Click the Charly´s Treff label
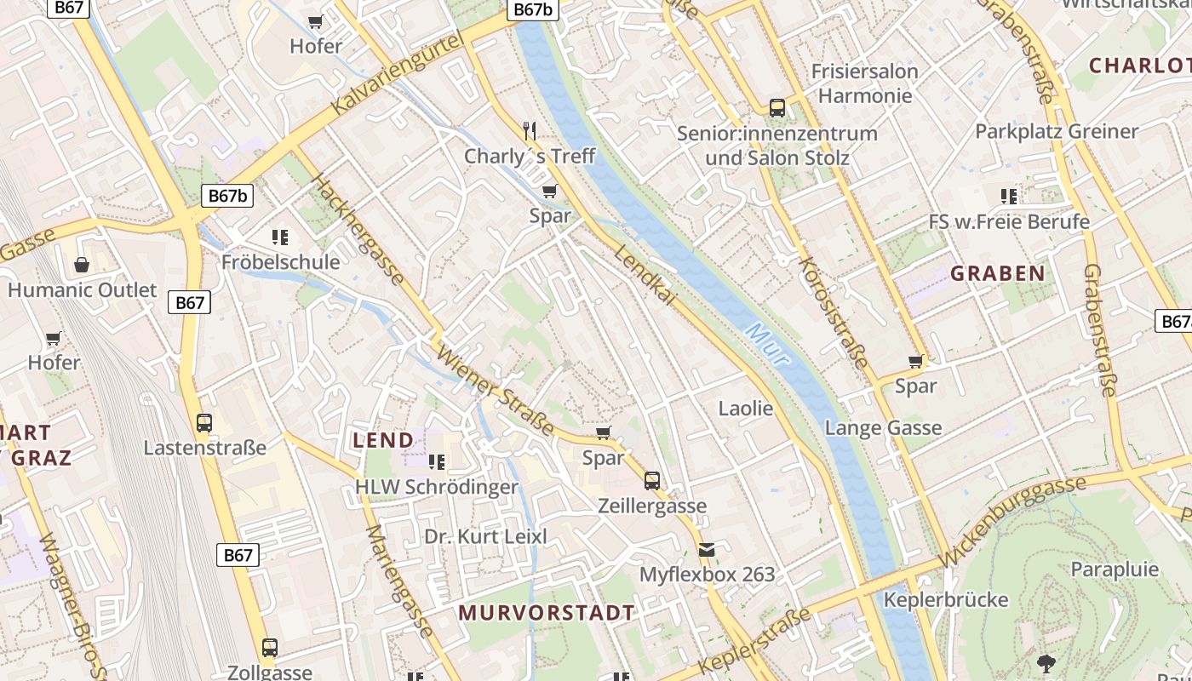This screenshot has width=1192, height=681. (529, 157)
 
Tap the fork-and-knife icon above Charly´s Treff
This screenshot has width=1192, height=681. (530, 130)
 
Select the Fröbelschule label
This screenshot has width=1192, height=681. (280, 262)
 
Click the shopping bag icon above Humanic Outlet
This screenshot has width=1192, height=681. (82, 265)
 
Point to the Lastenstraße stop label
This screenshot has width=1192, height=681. (204, 448)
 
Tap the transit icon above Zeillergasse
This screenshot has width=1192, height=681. (651, 481)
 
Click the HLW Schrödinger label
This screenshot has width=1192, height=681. (436, 487)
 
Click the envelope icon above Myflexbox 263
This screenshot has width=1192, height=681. (707, 550)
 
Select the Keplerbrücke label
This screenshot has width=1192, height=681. (945, 599)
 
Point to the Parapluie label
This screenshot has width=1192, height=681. (1115, 569)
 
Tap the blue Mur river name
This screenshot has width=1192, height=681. (767, 344)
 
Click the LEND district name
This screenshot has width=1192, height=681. (383, 440)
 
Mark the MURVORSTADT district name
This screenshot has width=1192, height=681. (547, 613)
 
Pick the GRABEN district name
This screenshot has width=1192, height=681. (997, 273)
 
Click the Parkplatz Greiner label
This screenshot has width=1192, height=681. (1056, 131)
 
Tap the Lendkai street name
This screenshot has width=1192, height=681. (645, 276)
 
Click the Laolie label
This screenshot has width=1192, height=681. (746, 409)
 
